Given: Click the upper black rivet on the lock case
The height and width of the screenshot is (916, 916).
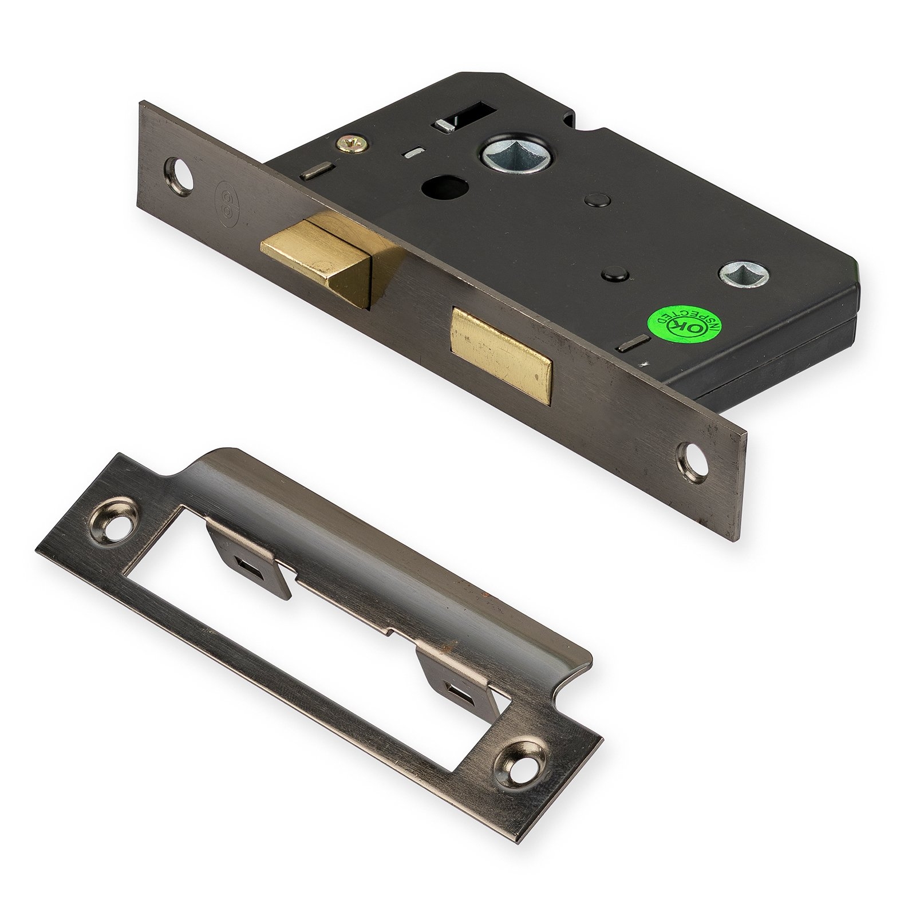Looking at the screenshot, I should tap(595, 215).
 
